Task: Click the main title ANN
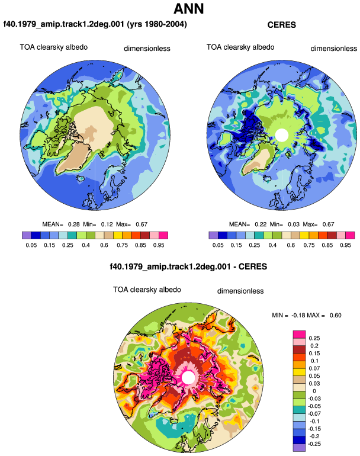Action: click(x=188, y=8)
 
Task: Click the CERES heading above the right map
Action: click(x=281, y=25)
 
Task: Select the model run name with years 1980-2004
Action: click(x=95, y=24)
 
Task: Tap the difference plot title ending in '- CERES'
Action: click(x=188, y=266)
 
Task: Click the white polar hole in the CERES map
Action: click(x=281, y=135)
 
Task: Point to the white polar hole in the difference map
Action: click(x=188, y=377)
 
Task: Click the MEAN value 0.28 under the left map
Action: click(x=74, y=224)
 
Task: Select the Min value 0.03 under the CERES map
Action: click(x=294, y=224)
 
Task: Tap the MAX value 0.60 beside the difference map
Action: click(x=336, y=316)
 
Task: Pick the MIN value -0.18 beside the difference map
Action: click(x=298, y=316)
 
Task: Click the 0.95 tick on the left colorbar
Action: click(x=159, y=245)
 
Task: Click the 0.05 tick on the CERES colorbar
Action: click(x=218, y=245)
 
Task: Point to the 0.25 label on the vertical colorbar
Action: click(x=314, y=338)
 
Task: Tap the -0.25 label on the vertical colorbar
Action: click(x=314, y=444)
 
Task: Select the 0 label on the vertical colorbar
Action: click(x=314, y=391)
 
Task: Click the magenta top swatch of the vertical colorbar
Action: click(x=299, y=335)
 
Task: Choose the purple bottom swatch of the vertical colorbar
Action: click(x=299, y=448)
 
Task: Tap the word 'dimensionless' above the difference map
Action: click(x=240, y=291)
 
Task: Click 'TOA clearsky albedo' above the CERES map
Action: click(x=240, y=47)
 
